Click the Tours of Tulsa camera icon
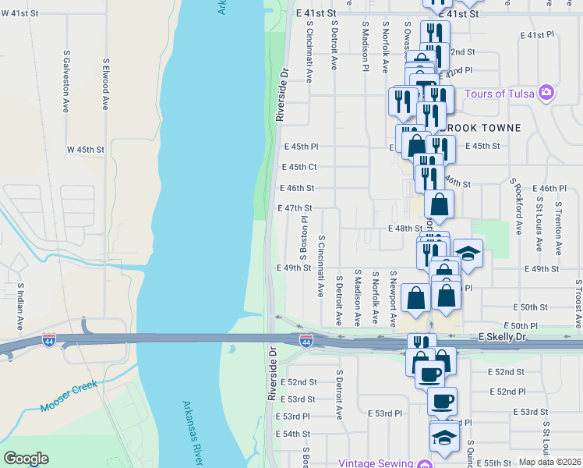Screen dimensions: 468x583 click(x=546, y=93)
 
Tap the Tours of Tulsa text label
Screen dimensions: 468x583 click(x=500, y=94)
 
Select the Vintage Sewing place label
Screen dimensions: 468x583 click(x=376, y=463)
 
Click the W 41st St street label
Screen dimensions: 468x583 click(x=19, y=15)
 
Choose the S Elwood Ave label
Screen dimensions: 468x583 click(x=104, y=83)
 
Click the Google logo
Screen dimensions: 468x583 click(x=26, y=459)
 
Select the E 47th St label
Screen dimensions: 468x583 click(x=295, y=208)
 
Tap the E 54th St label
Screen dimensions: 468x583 click(x=294, y=434)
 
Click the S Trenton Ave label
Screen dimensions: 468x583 click(x=558, y=228)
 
